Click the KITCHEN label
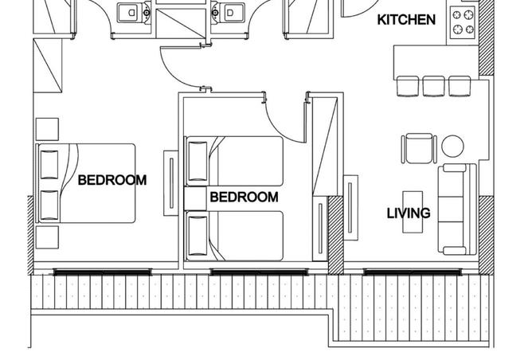coord(406,20)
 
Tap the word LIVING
coord(409,213)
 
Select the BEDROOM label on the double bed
coord(112,180)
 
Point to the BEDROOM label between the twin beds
coord(244,197)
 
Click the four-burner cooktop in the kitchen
coord(462,22)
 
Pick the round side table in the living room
coord(452,146)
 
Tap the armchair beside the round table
coord(419,148)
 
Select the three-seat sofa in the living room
coord(457,209)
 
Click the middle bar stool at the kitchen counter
coord(433,86)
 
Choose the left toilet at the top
coord(134,13)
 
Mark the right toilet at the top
coord(228,13)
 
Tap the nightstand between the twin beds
coord(195,198)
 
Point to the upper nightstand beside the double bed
coord(47,129)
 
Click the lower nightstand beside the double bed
coord(47,237)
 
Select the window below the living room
coord(413,272)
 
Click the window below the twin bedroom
coord(259,272)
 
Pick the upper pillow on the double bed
coord(49,165)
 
